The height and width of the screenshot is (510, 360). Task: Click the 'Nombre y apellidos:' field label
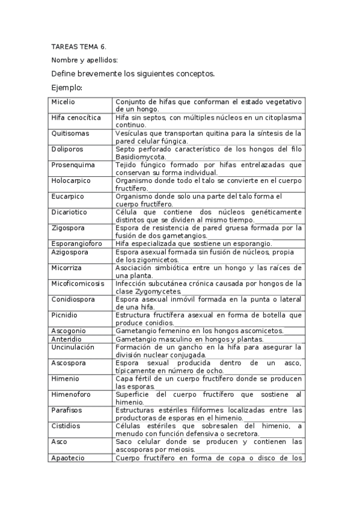[x=85, y=60]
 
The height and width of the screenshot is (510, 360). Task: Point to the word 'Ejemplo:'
[x=67, y=88]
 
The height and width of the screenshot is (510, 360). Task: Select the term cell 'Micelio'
[x=64, y=102]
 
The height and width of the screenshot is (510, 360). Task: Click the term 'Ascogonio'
[x=69, y=330]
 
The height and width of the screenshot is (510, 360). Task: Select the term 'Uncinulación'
[x=73, y=347]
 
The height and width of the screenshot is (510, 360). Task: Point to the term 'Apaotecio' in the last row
[x=68, y=458]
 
